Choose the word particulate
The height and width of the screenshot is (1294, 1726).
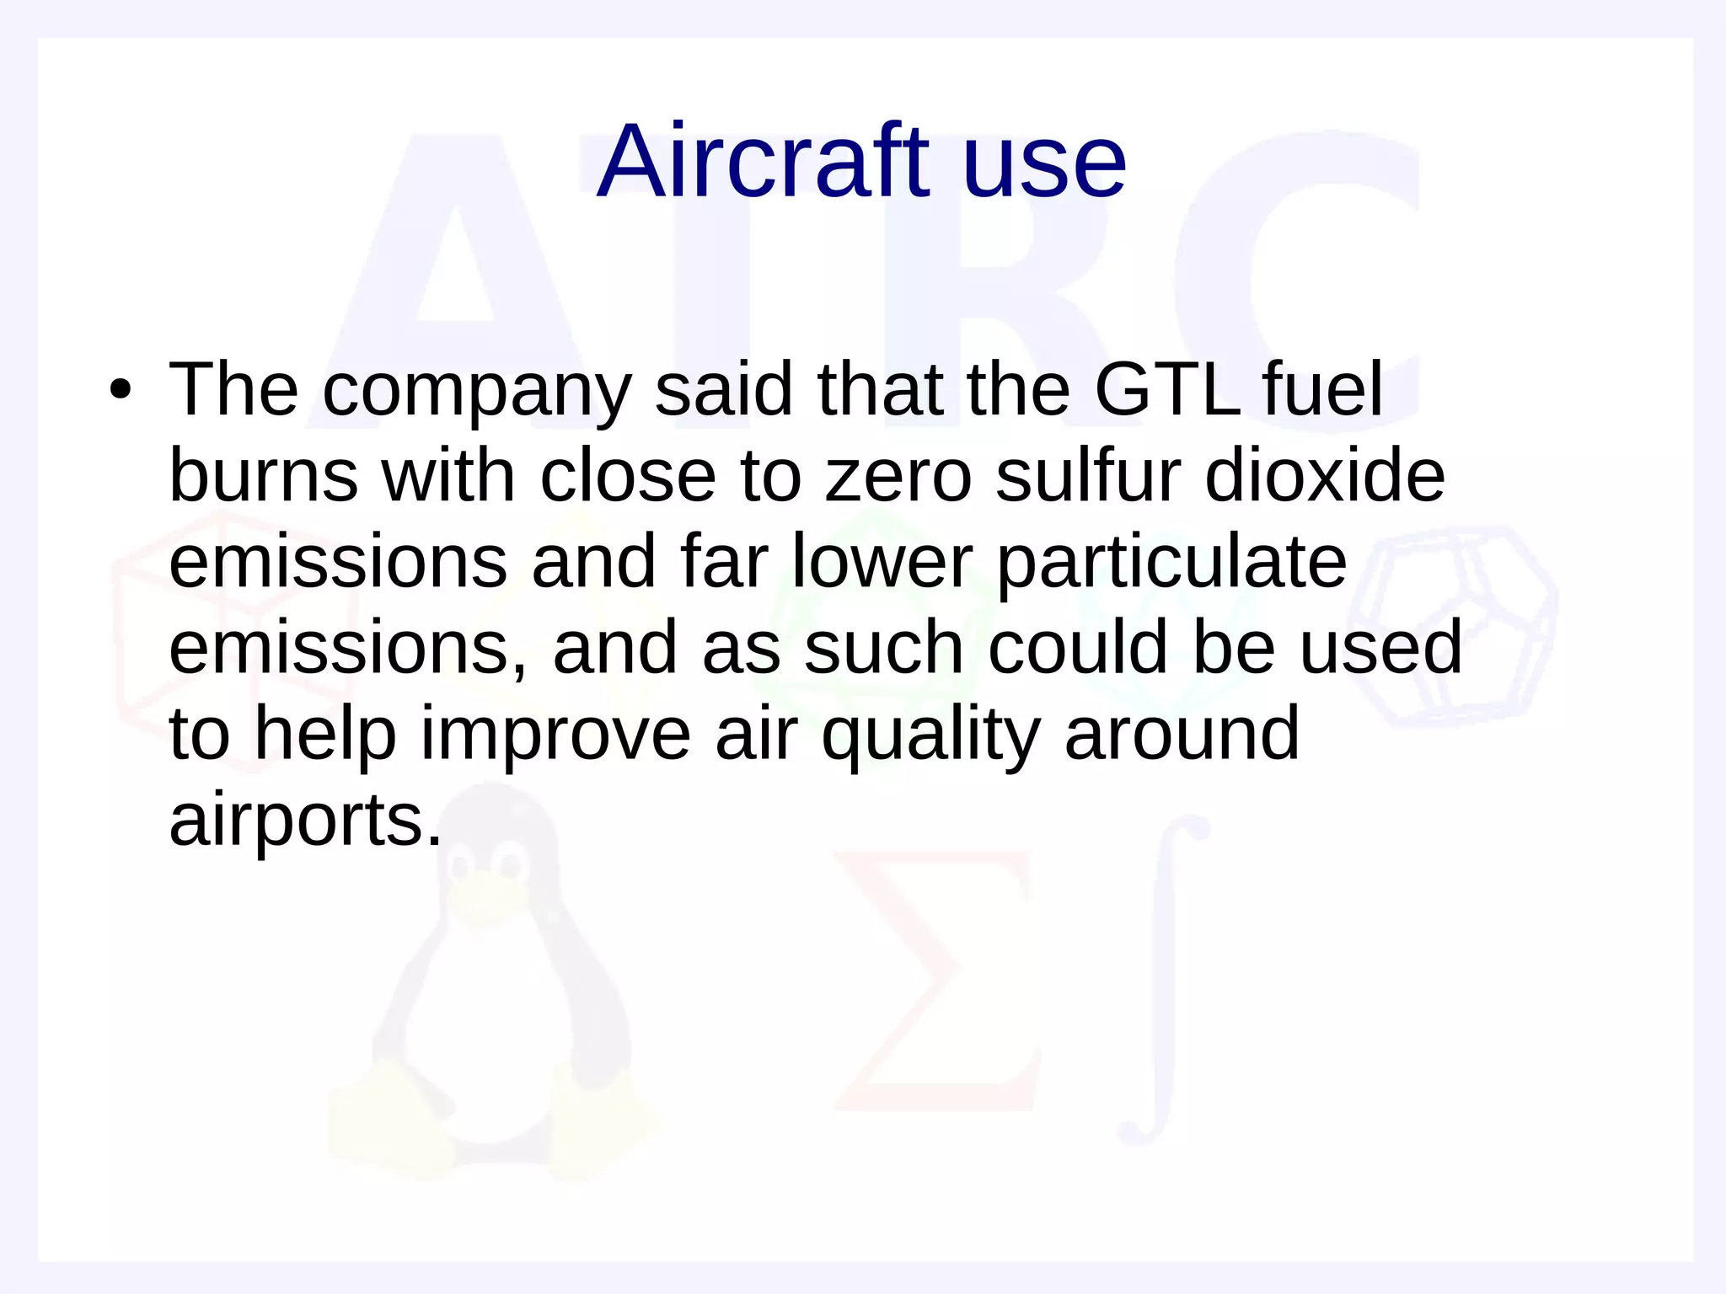coord(1171,564)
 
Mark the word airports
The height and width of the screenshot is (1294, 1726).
coord(305,821)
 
